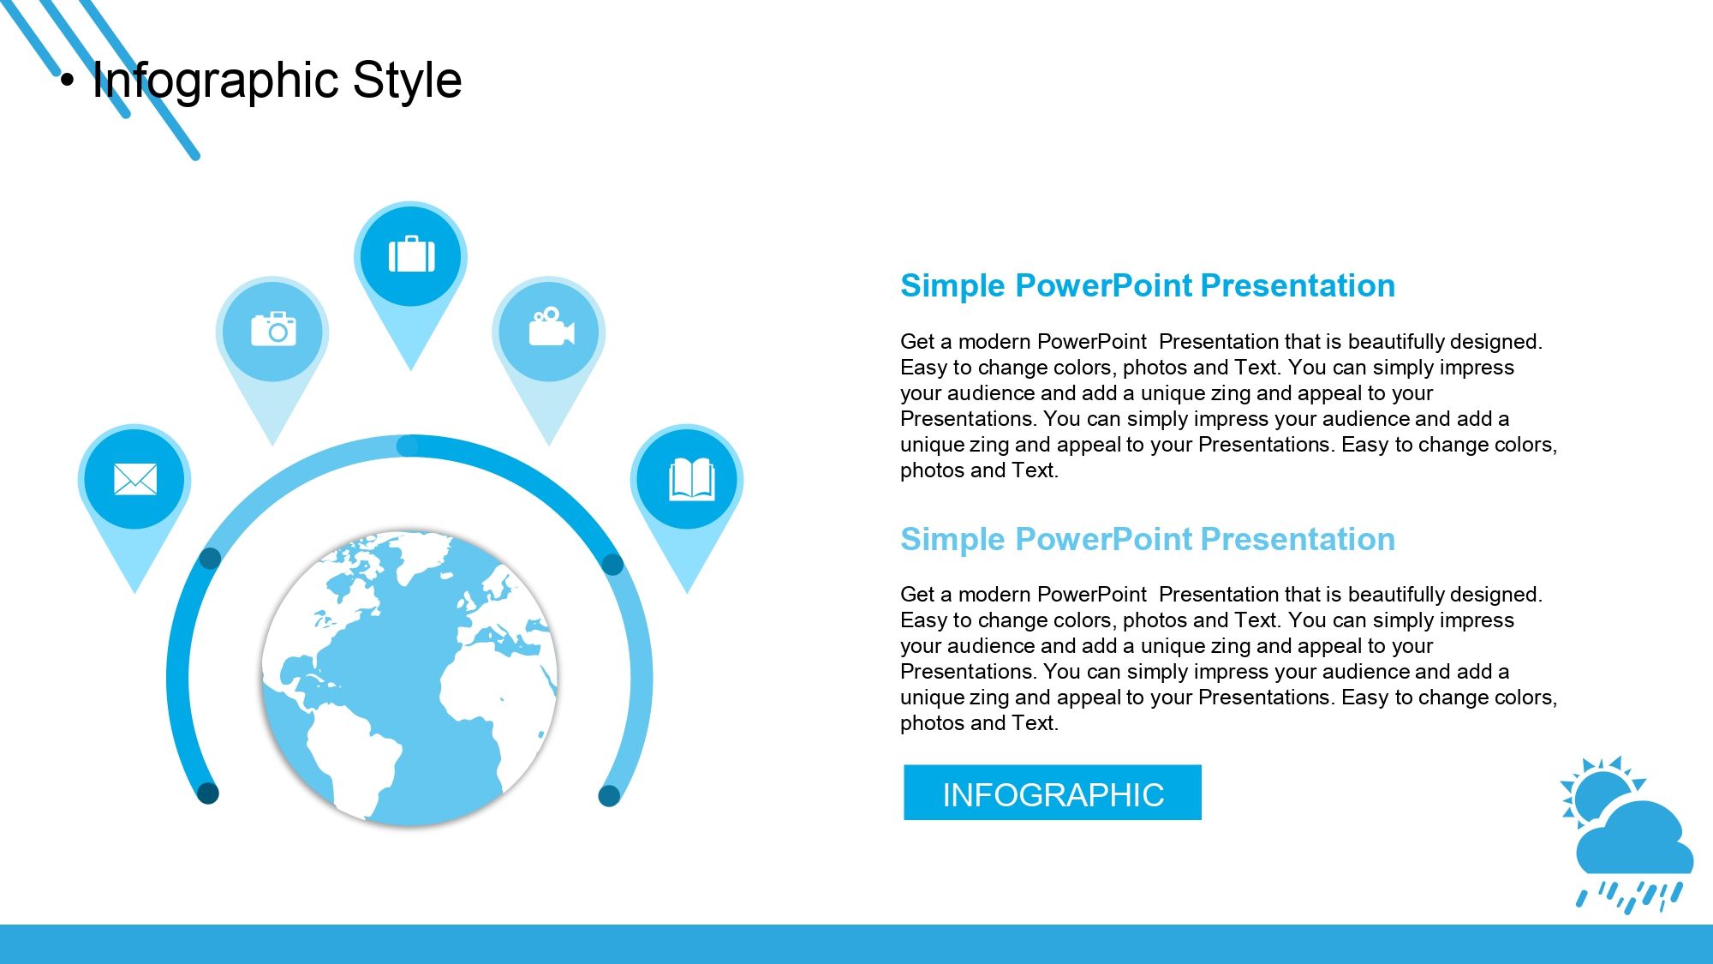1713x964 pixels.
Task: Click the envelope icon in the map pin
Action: click(x=135, y=479)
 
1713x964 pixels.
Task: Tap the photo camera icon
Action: click(x=273, y=329)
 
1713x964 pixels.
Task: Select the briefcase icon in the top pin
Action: click(x=411, y=254)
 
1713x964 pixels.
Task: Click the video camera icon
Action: click(x=551, y=326)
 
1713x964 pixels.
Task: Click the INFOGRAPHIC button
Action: click(x=1053, y=793)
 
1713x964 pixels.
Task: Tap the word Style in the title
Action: click(x=407, y=81)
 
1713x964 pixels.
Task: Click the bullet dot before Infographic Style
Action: click(x=68, y=81)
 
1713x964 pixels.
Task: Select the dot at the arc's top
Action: click(x=408, y=446)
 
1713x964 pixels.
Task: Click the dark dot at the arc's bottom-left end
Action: click(x=208, y=793)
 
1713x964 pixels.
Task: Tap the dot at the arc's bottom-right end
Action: click(x=609, y=795)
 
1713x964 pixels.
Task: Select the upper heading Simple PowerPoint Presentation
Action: click(x=1148, y=285)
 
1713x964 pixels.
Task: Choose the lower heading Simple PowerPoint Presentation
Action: click(x=1148, y=539)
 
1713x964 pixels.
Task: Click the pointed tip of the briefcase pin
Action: click(x=410, y=369)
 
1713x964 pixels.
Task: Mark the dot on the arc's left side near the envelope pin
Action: click(x=210, y=559)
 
